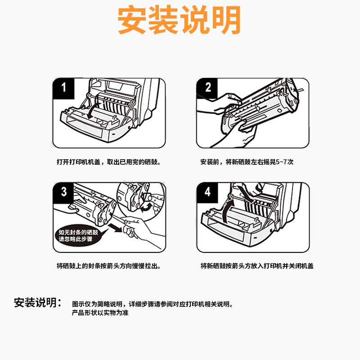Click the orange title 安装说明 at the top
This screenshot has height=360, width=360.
click(179, 20)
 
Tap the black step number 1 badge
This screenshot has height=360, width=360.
click(63, 89)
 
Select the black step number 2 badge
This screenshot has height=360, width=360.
click(207, 88)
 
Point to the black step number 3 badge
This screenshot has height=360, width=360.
click(63, 193)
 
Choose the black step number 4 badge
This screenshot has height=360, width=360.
click(207, 193)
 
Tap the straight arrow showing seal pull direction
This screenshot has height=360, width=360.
click(115, 228)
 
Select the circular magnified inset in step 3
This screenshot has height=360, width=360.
click(141, 200)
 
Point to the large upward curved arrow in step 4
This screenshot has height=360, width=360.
click(228, 210)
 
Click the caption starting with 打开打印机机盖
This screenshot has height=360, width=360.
click(108, 162)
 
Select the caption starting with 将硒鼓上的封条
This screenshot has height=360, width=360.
click(108, 266)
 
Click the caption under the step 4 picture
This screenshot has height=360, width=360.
click(257, 266)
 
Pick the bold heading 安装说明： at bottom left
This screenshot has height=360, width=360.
click(38, 302)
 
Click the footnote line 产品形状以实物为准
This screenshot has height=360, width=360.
click(100, 313)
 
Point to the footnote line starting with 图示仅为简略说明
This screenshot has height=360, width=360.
click(153, 304)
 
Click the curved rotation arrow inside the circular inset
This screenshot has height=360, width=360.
click(146, 208)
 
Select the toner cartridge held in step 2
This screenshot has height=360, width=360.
click(260, 106)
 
